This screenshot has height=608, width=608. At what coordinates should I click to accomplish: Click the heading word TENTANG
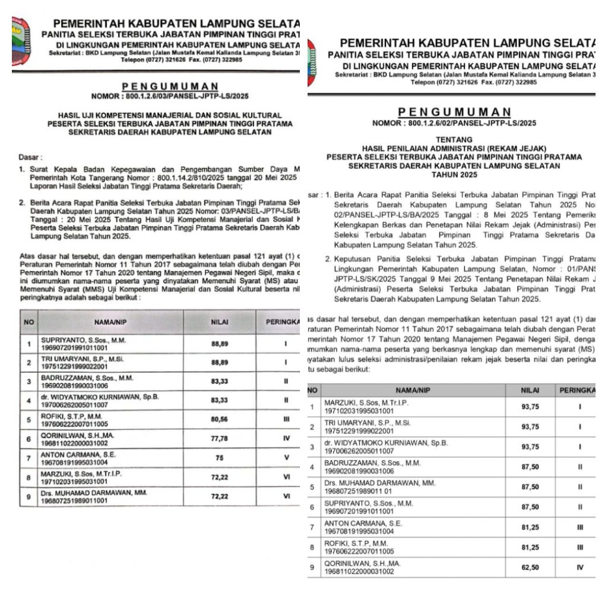(x=454, y=140)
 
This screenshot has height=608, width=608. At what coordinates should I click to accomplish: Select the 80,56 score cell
(x=220, y=419)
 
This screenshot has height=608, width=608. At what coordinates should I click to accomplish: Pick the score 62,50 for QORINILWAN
(x=530, y=568)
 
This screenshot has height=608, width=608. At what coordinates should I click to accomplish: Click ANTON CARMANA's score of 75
(x=220, y=458)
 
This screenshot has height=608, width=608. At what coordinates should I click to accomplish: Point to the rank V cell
(x=286, y=458)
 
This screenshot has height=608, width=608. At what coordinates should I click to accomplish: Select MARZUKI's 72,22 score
(x=220, y=477)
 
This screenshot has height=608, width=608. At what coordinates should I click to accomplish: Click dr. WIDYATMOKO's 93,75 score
(x=530, y=447)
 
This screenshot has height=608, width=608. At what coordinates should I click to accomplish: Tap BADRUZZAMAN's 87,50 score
(x=530, y=467)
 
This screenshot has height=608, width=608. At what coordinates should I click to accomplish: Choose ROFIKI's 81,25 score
(x=530, y=547)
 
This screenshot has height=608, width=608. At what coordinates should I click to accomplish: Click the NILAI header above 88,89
(x=220, y=322)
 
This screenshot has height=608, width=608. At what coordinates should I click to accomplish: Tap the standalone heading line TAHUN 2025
(x=454, y=175)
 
